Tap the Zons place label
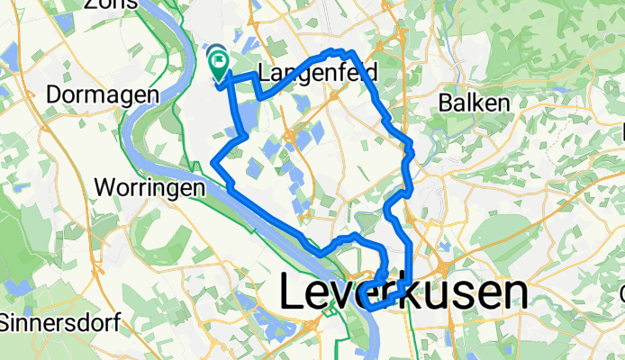(113, 4)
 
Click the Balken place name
(475, 103)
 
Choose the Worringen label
(148, 190)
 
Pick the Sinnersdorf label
(51, 320)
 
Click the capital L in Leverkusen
(294, 293)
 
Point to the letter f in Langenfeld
(335, 73)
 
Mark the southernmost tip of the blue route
(370, 309)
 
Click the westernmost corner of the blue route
(213, 162)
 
